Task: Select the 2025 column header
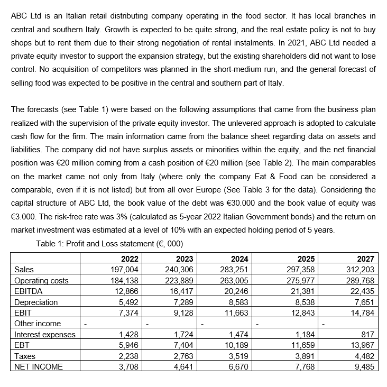coord(305,259)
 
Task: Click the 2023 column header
coord(183,259)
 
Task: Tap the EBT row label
coord(22,345)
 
